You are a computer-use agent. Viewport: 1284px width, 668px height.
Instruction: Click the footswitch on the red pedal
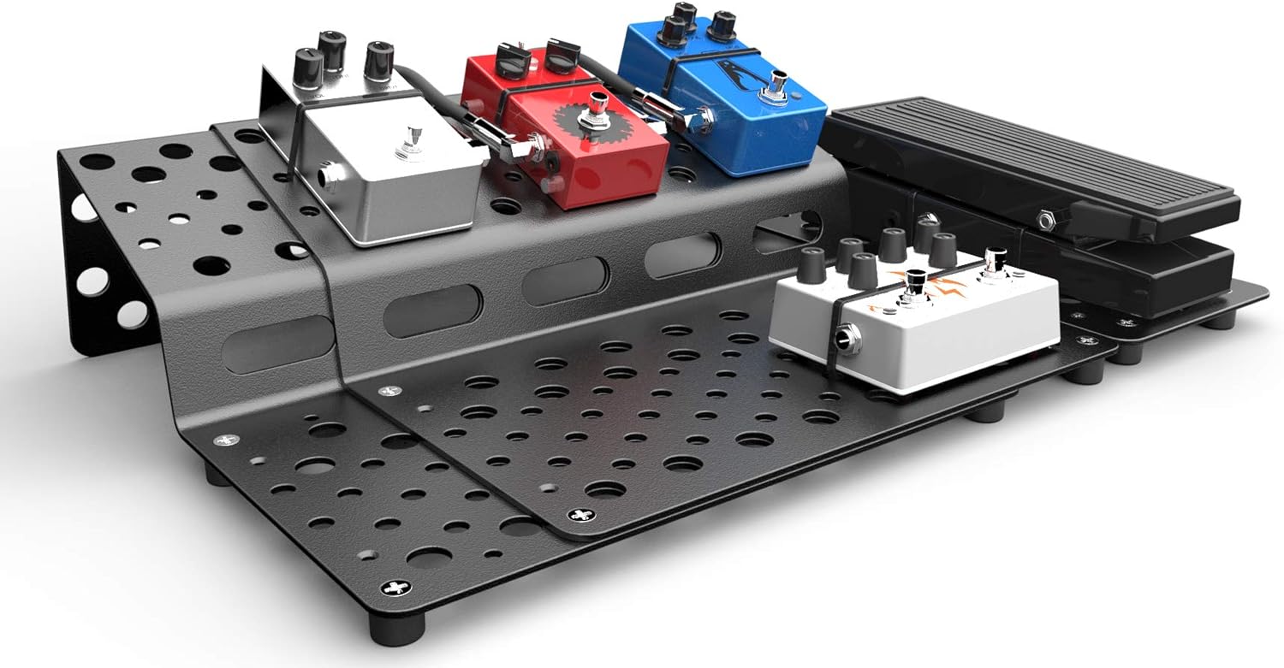[x=588, y=120]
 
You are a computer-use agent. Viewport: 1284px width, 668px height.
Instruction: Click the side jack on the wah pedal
[x=1047, y=220]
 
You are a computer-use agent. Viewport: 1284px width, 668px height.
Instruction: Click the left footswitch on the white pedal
[x=916, y=281]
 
